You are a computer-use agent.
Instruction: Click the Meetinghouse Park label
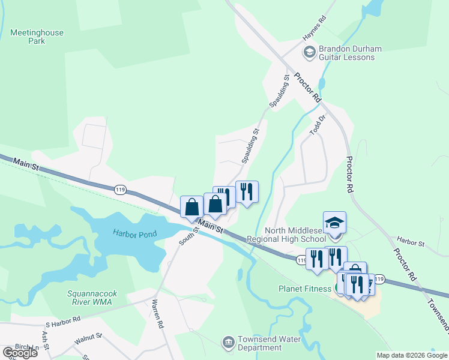tap(37, 37)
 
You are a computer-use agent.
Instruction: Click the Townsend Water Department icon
tap(228, 343)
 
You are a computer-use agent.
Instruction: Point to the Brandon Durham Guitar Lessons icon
tap(309, 53)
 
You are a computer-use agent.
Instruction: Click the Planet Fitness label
tap(305, 289)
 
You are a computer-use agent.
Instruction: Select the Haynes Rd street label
tap(314, 28)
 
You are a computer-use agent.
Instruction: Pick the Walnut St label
tap(88, 339)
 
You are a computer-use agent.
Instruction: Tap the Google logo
tap(20, 353)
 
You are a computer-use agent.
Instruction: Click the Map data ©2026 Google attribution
tap(411, 355)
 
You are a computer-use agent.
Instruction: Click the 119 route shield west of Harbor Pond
tap(120, 190)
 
